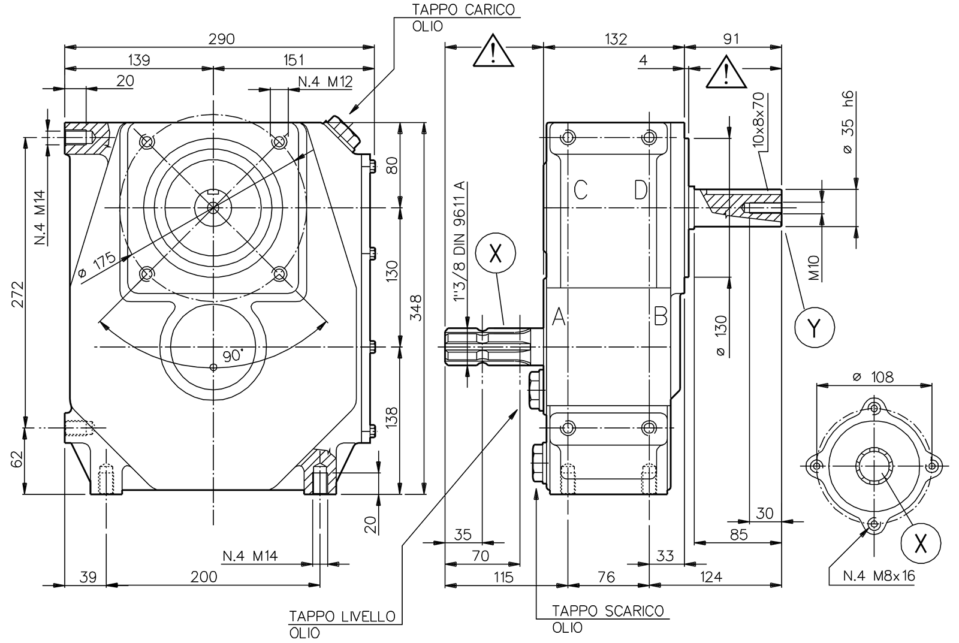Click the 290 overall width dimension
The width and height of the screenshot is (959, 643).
point(221,39)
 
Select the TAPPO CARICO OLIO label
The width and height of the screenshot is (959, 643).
point(462,18)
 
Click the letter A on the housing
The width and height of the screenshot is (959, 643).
point(559,316)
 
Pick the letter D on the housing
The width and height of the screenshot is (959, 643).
point(641,191)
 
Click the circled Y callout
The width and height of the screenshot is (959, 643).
point(814,327)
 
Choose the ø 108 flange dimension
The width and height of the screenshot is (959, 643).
point(872,377)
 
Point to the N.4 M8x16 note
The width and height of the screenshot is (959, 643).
point(879,576)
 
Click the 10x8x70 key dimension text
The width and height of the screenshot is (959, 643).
point(758,120)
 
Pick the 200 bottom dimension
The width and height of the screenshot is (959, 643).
point(204,576)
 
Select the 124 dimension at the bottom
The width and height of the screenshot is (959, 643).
point(711,576)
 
